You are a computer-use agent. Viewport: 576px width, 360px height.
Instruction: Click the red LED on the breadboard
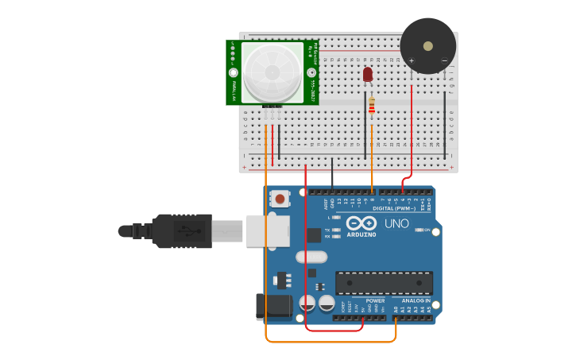367,74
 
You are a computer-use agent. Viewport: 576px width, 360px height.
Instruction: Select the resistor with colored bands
372,105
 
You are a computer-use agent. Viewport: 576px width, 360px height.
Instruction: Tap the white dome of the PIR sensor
273,72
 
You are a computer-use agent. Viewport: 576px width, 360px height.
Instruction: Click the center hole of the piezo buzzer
428,46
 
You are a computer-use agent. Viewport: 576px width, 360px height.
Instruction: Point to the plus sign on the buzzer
412,60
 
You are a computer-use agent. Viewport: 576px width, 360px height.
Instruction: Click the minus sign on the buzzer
444,60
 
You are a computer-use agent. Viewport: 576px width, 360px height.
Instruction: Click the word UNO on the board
396,223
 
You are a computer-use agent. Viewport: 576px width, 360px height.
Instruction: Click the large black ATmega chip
384,283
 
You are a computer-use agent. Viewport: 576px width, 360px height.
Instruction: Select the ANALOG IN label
416,300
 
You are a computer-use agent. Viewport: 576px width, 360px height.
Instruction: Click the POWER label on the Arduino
375,300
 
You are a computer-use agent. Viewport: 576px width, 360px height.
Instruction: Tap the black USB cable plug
182,230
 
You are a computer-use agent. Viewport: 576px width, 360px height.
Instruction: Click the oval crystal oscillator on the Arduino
311,257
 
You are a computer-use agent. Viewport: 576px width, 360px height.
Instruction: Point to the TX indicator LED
337,230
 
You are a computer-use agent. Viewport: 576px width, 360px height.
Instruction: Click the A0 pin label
396,309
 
